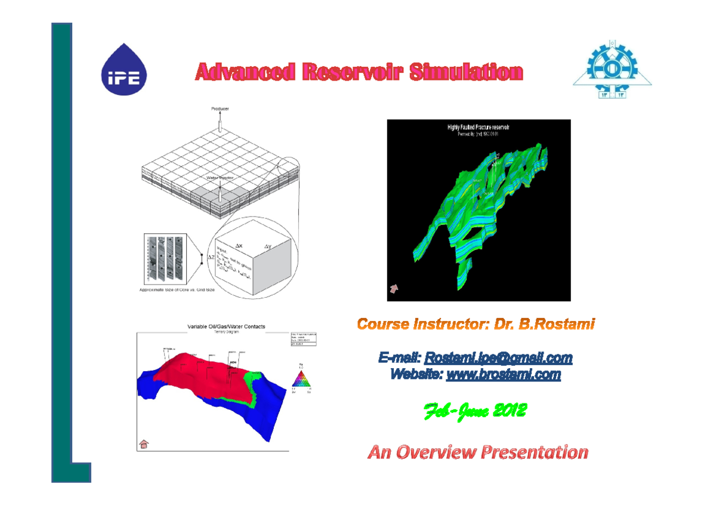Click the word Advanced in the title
(x=245, y=72)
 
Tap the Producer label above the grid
(x=220, y=109)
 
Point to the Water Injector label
(x=220, y=178)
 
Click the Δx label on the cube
(x=239, y=245)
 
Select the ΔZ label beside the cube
(x=203, y=258)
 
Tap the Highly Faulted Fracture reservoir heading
(x=479, y=127)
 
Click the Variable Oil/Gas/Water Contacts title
(x=226, y=326)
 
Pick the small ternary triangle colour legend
(x=301, y=379)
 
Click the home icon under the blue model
(x=144, y=443)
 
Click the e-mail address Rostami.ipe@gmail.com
(x=498, y=358)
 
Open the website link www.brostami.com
(x=503, y=374)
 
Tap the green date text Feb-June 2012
(x=475, y=411)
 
